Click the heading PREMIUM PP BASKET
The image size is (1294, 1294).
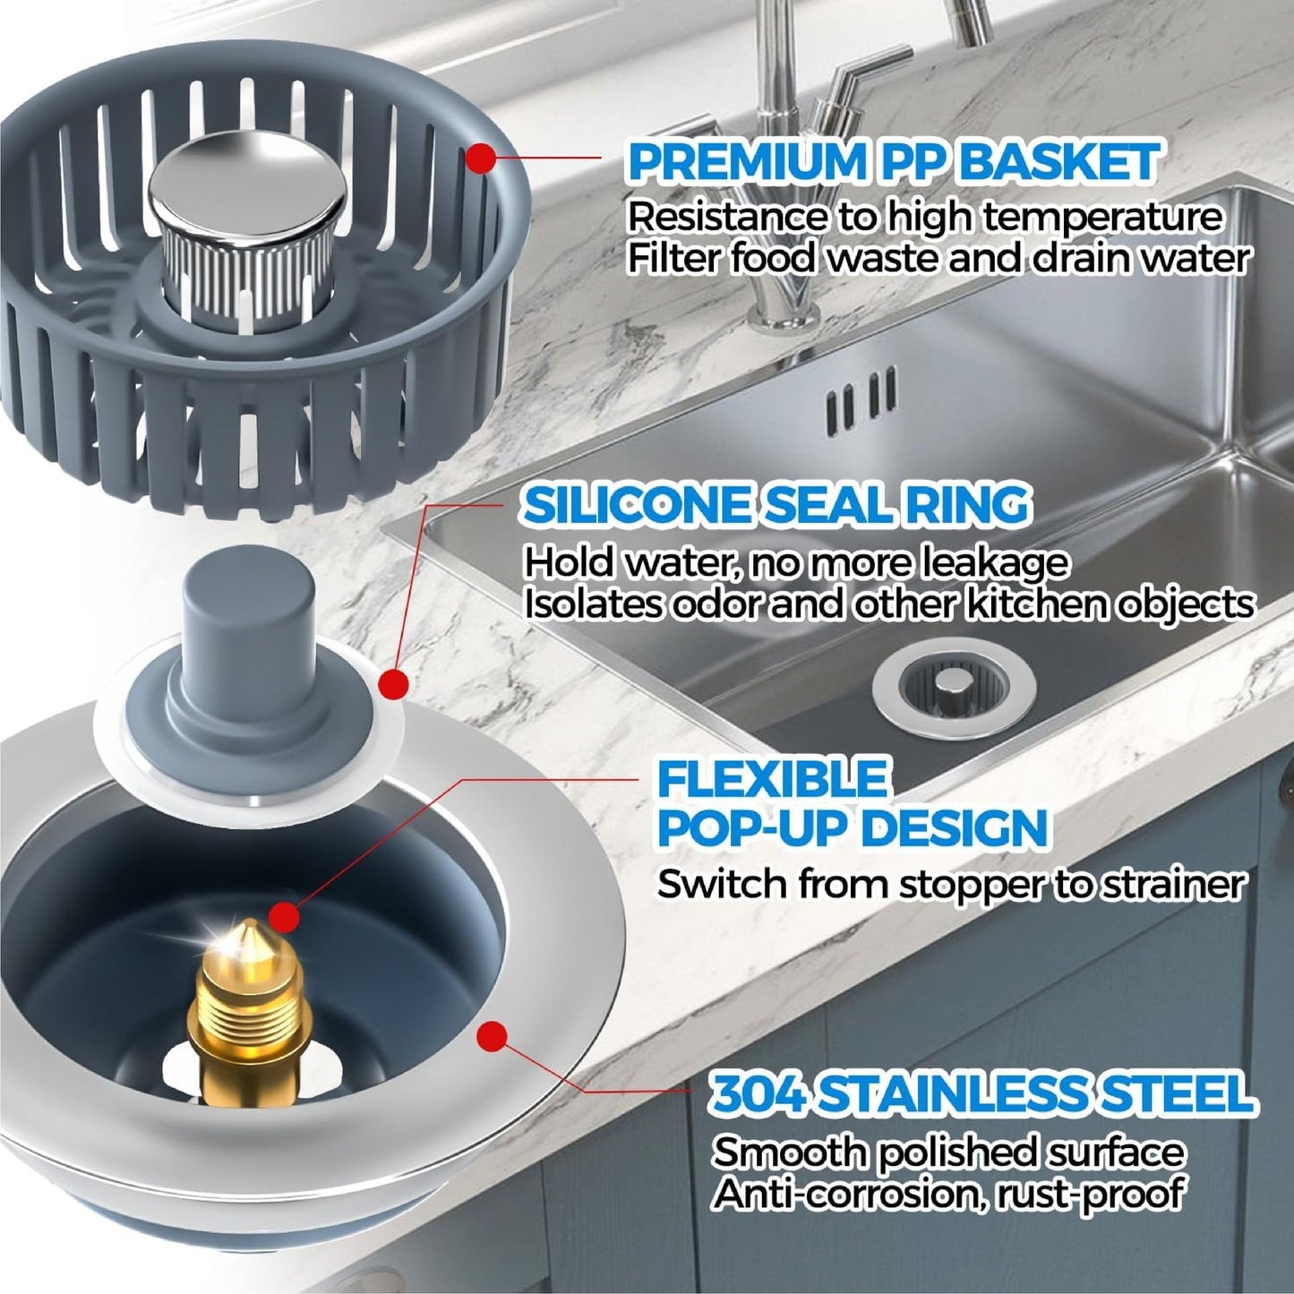coord(894,163)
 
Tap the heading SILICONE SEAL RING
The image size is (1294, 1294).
coord(776,506)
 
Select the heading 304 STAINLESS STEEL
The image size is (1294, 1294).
coord(981,1094)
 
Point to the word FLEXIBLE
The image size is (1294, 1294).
coord(772,778)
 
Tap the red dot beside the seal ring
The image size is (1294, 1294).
coord(393,685)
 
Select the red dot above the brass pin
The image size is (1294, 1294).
coord(285,915)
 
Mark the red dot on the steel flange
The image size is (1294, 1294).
coord(490,1037)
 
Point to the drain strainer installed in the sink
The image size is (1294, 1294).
coord(954,690)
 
